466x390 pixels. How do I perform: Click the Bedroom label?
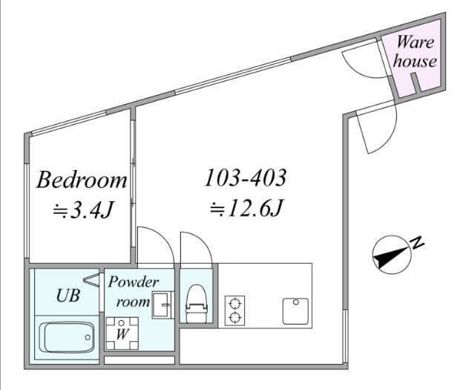pos(82,180)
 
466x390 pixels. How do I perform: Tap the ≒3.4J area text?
pos(84,209)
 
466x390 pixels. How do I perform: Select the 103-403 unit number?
pos(246,178)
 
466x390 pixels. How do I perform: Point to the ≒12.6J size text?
pos(246,207)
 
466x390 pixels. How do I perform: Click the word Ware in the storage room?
pos(416,42)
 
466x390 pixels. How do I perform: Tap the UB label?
pos(68,296)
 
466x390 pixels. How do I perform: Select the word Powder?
pos(134,282)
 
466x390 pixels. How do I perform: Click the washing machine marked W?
pos(122,334)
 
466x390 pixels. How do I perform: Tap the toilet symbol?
pos(196,303)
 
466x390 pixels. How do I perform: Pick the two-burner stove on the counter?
pos(234,311)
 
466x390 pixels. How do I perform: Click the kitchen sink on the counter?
pos(295,311)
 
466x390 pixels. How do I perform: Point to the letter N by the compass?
pos(417,243)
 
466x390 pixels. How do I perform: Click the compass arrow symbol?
pos(393,255)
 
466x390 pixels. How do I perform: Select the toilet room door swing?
pos(202,239)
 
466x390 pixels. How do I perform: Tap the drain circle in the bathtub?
pos(88,338)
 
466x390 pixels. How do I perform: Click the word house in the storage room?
pos(415,61)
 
